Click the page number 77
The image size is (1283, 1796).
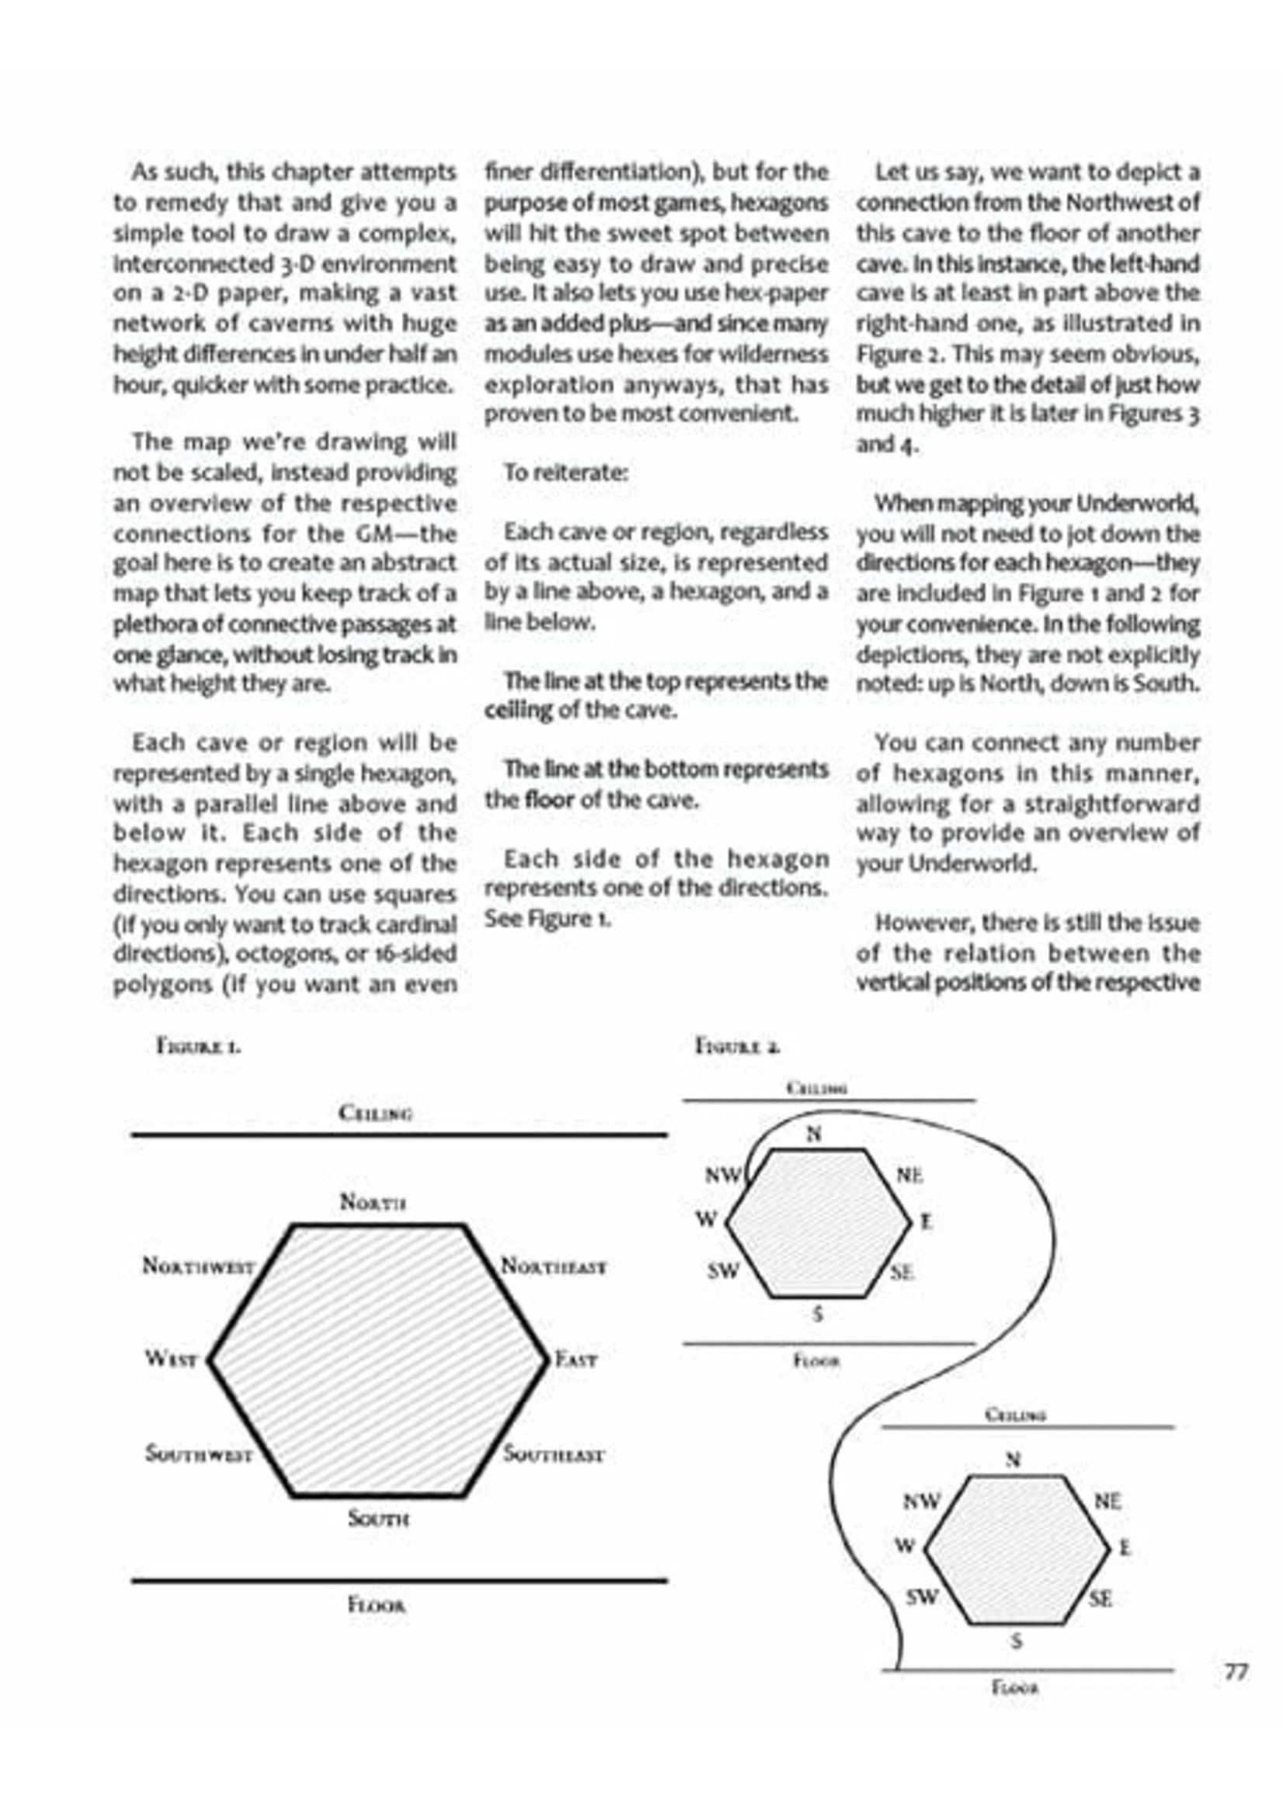pos(1236,1672)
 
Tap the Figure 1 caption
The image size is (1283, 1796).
pos(198,1047)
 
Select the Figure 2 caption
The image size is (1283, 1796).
pos(737,1047)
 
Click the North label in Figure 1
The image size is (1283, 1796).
pos(373,1202)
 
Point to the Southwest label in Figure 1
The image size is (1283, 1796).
pos(199,1454)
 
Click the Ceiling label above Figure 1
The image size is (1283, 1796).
pos(375,1113)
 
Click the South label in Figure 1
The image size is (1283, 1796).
pos(378,1518)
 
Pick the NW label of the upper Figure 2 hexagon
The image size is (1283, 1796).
pos(723,1176)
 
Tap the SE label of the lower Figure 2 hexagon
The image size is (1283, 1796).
pos(1100,1599)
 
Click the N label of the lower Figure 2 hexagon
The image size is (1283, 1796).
pos(1013,1459)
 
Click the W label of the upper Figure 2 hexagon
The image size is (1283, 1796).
pos(705,1218)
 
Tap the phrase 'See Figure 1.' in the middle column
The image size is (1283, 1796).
pos(548,919)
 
